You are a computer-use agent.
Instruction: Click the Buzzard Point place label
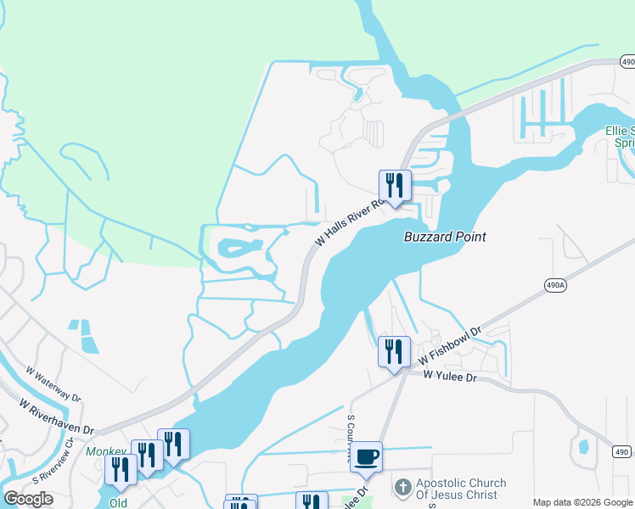(x=444, y=237)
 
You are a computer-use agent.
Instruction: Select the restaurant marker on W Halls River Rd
(x=395, y=185)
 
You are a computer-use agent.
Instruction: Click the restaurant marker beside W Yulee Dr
(x=394, y=351)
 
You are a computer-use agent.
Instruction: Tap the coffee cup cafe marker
(x=366, y=456)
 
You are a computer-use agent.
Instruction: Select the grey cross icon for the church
(x=402, y=488)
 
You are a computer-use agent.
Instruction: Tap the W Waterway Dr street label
(x=54, y=384)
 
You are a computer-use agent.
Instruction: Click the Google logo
(x=29, y=498)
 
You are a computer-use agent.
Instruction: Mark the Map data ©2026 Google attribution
(x=583, y=502)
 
